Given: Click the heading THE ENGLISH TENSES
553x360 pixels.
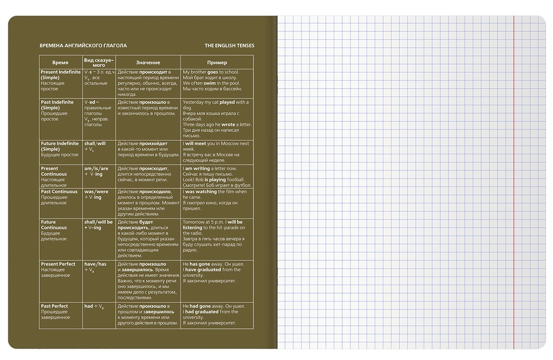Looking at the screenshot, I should click(229, 46).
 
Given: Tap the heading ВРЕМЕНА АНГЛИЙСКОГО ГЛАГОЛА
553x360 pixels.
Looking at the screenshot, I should click(83, 46).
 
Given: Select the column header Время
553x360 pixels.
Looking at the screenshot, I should click(60, 62).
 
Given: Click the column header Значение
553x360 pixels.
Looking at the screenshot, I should click(148, 62).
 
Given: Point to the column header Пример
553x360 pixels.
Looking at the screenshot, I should click(217, 62).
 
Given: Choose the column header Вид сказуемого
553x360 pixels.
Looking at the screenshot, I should click(99, 62).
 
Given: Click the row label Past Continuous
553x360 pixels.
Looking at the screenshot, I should click(59, 192).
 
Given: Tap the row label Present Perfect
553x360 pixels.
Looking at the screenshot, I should click(58, 264).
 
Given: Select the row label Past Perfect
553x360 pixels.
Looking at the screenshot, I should click(54, 306).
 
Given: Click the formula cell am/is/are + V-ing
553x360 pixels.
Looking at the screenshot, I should click(96, 171).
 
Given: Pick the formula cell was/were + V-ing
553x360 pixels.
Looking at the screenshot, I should click(96, 194).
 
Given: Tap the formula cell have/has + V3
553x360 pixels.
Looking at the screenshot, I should click(95, 267).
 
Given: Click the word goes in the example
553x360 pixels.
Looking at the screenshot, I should click(213, 72).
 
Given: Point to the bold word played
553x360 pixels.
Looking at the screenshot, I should click(227, 102).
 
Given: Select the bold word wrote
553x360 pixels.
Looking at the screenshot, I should click(228, 125).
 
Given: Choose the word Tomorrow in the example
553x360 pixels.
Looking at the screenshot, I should click(194, 222).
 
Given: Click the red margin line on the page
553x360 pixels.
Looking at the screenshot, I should click(513, 185).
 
